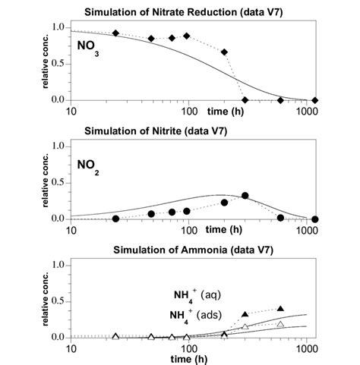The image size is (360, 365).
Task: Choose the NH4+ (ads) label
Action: click(x=197, y=313)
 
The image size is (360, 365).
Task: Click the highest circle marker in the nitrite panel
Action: click(x=245, y=195)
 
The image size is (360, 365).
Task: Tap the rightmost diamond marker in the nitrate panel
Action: click(x=315, y=100)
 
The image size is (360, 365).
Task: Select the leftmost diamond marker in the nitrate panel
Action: click(x=115, y=33)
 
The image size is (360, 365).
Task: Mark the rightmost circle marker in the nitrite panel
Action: click(x=315, y=219)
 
